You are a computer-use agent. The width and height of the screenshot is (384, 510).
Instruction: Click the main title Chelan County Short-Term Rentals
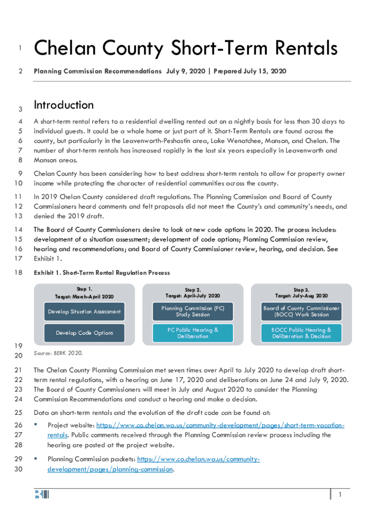tap(186, 49)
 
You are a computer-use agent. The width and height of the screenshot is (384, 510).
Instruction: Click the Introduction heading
tap(63, 105)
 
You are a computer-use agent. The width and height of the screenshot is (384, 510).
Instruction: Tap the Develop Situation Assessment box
tap(84, 312)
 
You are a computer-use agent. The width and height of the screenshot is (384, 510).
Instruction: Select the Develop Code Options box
tap(84, 333)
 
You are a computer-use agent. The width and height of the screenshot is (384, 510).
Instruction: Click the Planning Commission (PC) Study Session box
tap(193, 311)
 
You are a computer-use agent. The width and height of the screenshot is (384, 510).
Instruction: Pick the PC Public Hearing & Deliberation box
tap(193, 333)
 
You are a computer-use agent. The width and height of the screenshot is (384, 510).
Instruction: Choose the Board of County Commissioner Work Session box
tap(301, 311)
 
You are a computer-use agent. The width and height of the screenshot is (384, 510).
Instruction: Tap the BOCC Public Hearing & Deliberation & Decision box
tap(301, 333)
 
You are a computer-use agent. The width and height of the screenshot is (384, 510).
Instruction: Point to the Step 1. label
tap(84, 288)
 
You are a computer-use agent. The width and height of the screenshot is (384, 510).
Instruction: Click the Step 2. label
tap(193, 289)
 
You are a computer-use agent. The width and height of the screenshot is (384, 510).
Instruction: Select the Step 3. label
tap(301, 289)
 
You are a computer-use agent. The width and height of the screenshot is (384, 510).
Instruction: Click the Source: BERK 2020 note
tap(58, 353)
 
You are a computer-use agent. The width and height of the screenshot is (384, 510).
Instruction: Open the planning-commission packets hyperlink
tap(198, 459)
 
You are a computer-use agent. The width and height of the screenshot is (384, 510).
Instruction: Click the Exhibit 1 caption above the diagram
tap(102, 273)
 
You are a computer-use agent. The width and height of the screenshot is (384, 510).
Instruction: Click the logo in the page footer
tap(42, 495)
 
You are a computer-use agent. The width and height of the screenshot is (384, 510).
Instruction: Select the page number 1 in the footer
tap(340, 495)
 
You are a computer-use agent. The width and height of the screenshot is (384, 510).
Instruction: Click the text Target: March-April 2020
tap(84, 297)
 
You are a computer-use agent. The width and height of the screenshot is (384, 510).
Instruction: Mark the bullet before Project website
tap(36, 425)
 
